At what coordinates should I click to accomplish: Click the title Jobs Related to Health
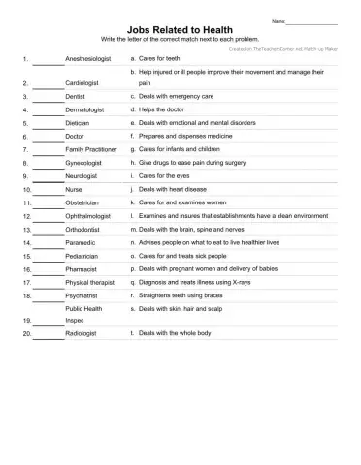[180, 30]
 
